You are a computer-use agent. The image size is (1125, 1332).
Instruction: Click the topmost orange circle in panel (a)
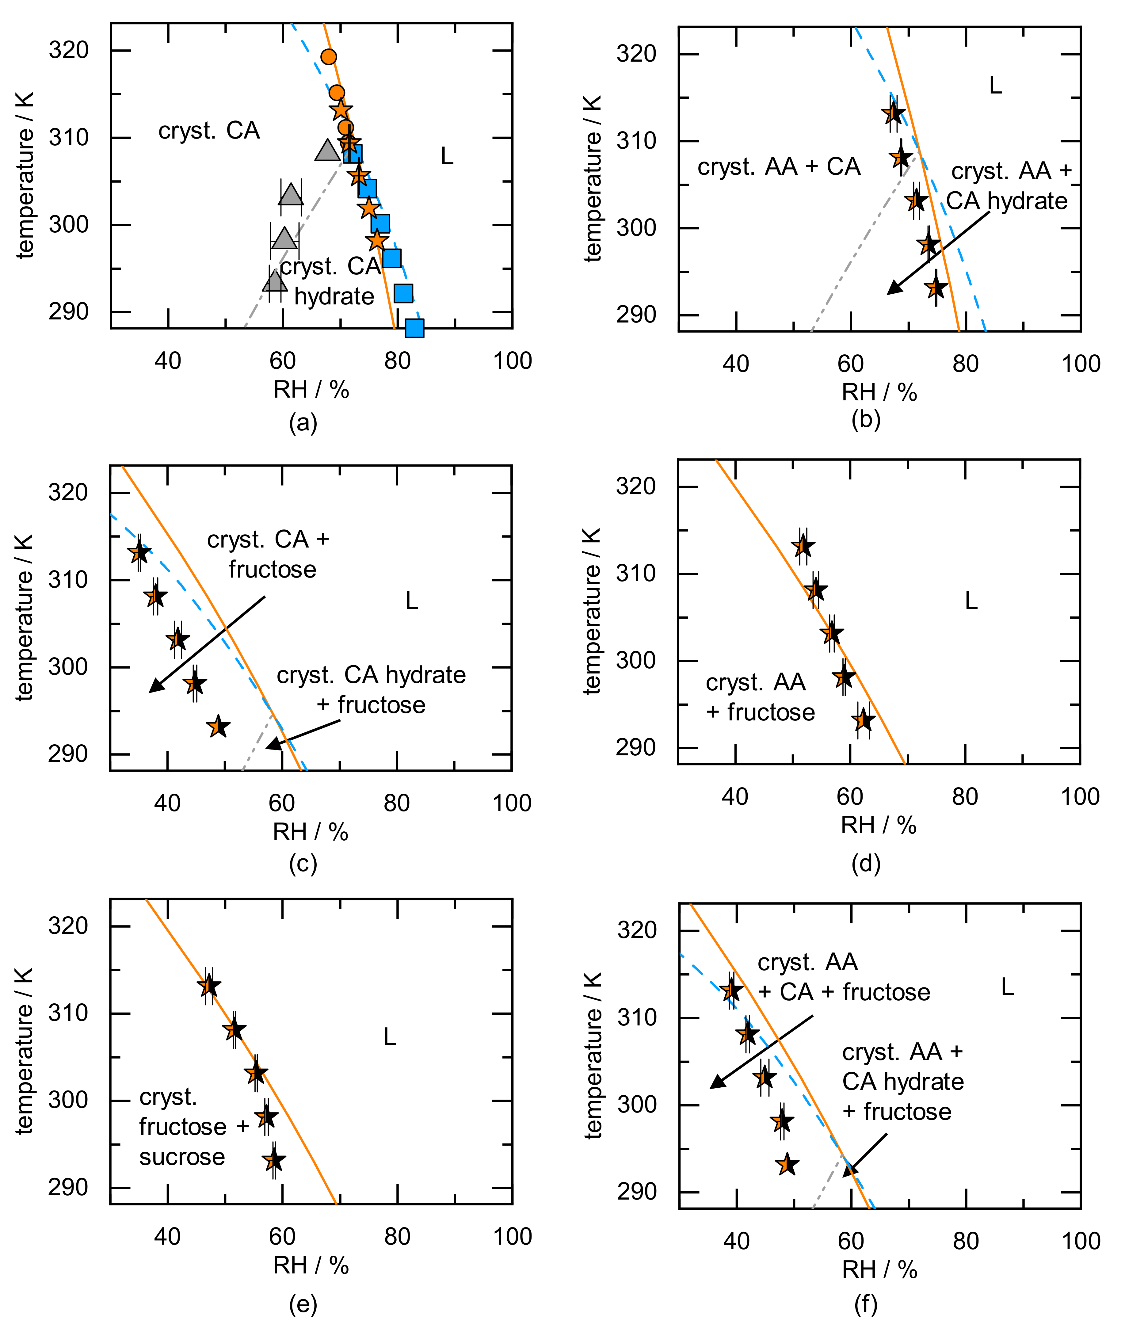[328, 57]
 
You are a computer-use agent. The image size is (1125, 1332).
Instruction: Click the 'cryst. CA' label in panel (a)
[209, 131]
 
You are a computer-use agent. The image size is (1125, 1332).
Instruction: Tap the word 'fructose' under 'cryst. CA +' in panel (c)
[272, 569]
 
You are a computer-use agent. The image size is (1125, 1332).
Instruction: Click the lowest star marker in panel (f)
[787, 1164]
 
